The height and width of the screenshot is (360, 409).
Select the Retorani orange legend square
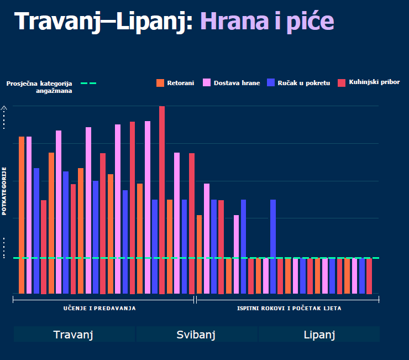coord(161,83)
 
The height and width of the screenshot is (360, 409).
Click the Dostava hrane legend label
coord(237,83)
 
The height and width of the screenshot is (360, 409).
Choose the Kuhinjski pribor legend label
coord(374,82)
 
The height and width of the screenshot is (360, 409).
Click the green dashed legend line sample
coord(88,84)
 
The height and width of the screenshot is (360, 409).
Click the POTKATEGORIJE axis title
coord(4,190)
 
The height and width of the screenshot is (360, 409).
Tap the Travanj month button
coord(73,335)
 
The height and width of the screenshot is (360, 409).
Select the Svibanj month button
coord(196,335)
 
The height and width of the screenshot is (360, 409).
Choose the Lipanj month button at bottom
coord(319,335)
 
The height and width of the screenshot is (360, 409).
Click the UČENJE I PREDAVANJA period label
coord(99,308)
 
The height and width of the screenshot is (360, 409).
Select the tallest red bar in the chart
coord(162,199)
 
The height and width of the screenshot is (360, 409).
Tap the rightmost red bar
coord(369,275)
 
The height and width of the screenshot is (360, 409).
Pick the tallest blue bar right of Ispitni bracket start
coord(273,246)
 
